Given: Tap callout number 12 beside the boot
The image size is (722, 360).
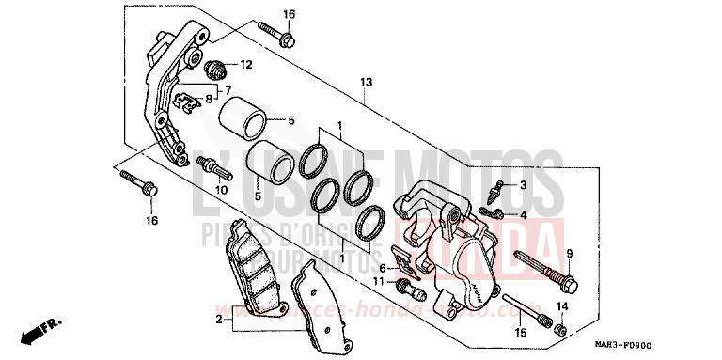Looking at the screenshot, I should click(245, 65).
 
